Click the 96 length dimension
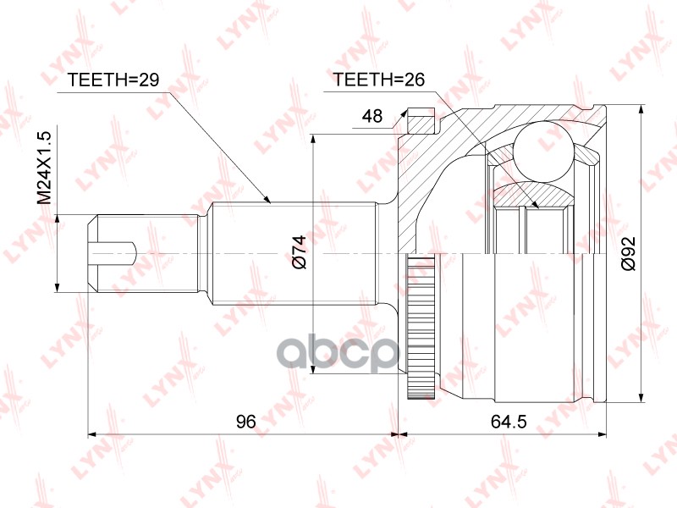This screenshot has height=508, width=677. pyautogui.click(x=245, y=421)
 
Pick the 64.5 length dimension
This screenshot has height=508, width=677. pyautogui.click(x=506, y=421)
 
